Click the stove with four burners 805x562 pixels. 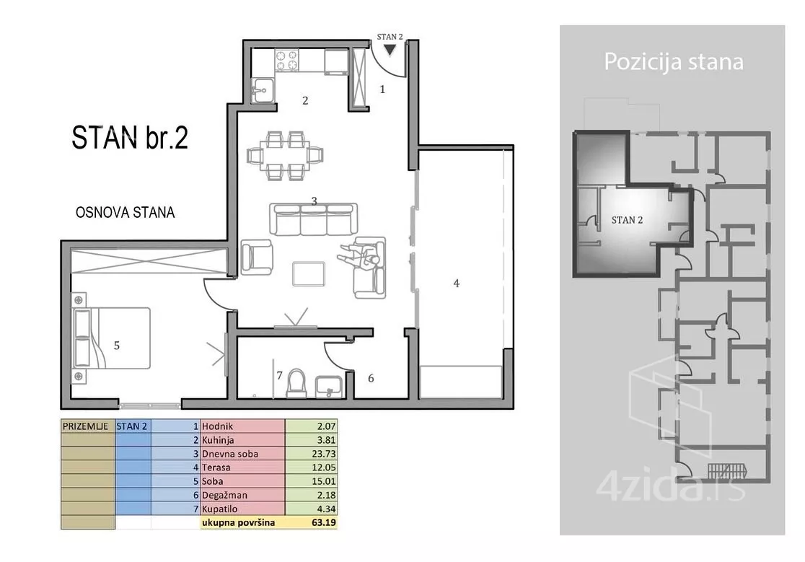[x=287, y=60]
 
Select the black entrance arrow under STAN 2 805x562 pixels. [x=390, y=50]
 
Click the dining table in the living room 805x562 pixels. [x=285, y=155]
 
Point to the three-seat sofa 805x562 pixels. [x=313, y=219]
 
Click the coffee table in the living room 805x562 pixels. [x=309, y=273]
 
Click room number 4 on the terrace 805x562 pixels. [x=457, y=283]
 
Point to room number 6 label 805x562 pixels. [x=371, y=378]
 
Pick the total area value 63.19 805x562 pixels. [x=323, y=523]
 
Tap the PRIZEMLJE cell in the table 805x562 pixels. [x=85, y=426]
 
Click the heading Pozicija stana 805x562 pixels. [x=674, y=62]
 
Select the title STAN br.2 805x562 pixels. [x=130, y=138]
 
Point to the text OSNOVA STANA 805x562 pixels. [x=126, y=213]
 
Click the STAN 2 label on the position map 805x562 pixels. [x=627, y=220]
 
